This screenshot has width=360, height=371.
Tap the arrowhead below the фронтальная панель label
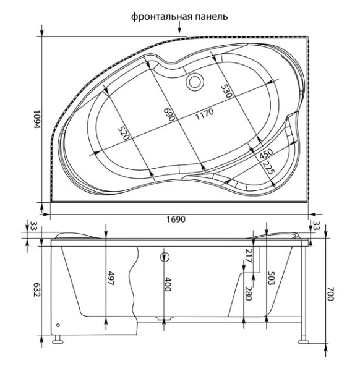pyautogui.click(x=179, y=31)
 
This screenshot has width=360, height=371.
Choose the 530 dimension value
pyautogui.click(x=228, y=91)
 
